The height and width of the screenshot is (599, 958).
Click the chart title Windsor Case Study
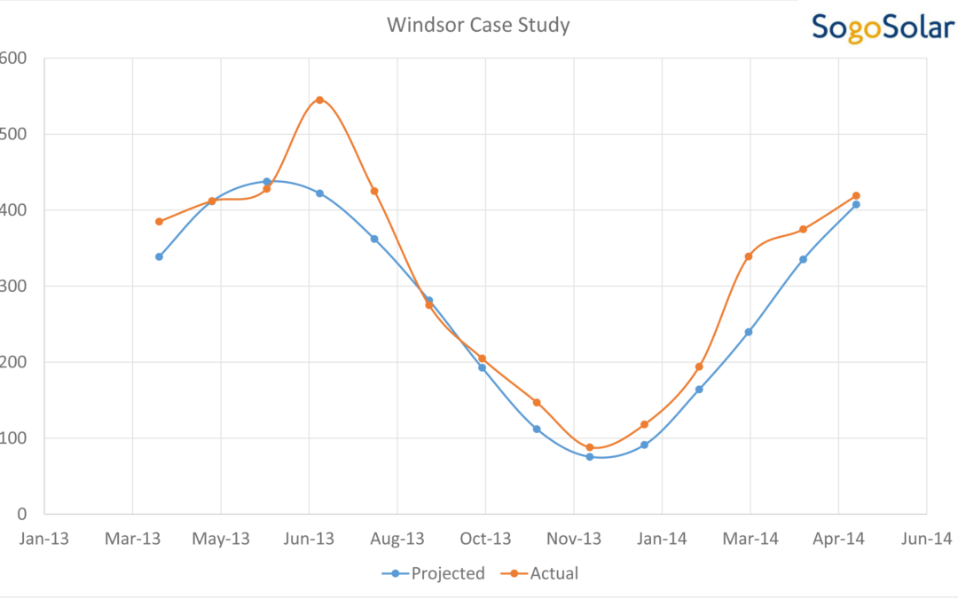coord(478,25)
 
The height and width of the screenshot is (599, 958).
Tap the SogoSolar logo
coord(883,27)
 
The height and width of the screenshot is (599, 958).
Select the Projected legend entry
coord(434,573)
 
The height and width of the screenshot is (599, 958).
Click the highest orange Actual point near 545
coord(319,100)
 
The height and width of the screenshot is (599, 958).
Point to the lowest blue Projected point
coord(590,457)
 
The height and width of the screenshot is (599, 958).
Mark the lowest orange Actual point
coord(590,447)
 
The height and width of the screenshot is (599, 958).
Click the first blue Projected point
coord(159,256)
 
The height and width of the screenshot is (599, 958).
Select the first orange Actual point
coord(159,222)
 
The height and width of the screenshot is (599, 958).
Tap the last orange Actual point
coord(856,195)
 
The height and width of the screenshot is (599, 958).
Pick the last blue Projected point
coord(856,204)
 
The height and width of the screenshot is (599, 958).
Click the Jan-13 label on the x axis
coord(44,539)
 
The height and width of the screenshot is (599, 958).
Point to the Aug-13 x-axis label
coord(397,539)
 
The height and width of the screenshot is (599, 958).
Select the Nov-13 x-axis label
coord(574,539)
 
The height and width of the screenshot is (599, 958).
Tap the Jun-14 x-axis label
coord(927,539)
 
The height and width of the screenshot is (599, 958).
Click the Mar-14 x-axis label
coord(750,539)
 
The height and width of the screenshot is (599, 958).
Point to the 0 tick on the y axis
coord(22,514)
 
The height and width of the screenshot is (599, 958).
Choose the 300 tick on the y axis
coord(14,286)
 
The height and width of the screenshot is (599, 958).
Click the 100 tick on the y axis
coord(14,437)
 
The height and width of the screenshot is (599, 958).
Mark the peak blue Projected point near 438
coord(266,182)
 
